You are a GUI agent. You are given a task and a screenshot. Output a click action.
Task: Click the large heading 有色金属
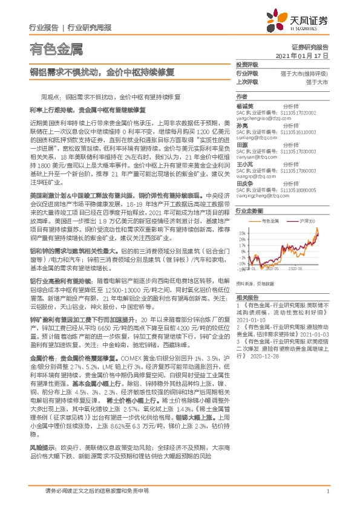(56, 50)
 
